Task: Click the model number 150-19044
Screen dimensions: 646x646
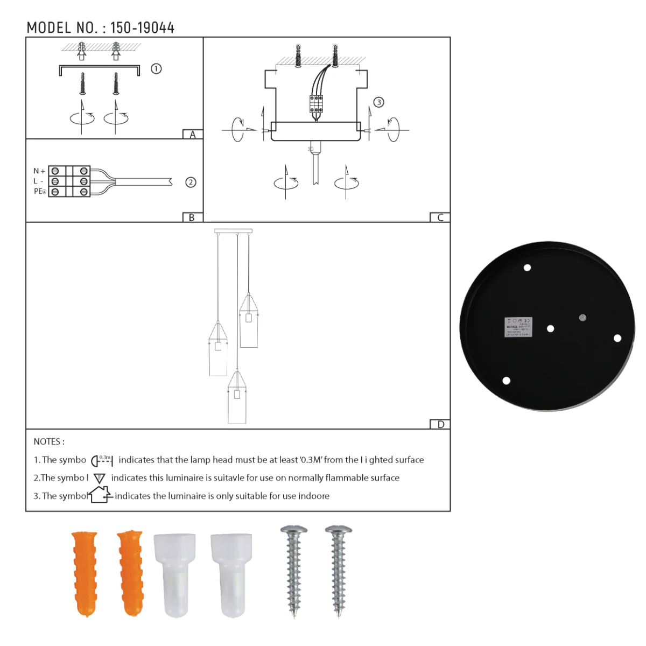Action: [142, 28]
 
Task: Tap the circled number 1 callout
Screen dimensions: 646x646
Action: [156, 69]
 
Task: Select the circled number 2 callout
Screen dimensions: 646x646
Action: [191, 182]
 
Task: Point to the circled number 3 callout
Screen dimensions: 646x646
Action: [379, 102]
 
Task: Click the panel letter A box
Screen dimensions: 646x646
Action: [193, 135]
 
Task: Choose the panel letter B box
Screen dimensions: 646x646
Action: [192, 217]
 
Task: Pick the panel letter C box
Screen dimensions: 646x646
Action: [440, 217]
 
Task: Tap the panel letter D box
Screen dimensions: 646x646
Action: [440, 424]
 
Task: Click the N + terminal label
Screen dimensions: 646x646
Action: [39, 171]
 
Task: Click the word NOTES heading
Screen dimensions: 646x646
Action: [49, 442]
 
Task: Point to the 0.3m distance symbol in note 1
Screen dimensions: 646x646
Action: [102, 460]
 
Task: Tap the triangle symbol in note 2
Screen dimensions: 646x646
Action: [100, 478]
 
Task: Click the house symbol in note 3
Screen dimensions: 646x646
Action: [101, 495]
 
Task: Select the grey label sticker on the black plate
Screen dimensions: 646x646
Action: [518, 327]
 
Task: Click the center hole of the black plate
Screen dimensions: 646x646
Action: [550, 328]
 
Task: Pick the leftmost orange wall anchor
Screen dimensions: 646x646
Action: [85, 573]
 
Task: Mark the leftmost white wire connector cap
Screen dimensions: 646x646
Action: [174, 574]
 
